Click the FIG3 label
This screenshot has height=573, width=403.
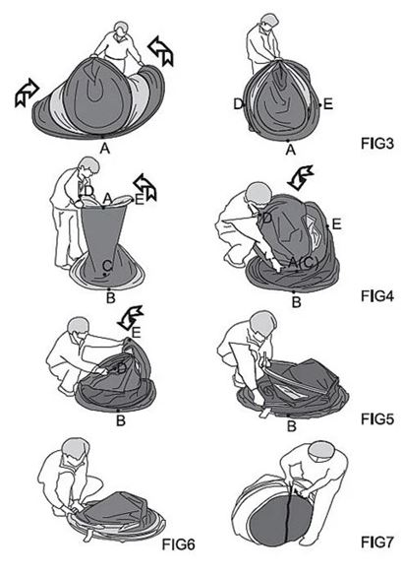coord(377,144)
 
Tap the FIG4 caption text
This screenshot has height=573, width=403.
coord(377,296)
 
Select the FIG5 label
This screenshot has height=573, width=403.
coord(377,418)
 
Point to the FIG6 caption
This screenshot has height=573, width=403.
coord(178,544)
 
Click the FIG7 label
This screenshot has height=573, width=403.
coord(377,541)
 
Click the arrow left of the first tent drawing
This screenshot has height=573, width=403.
coord(27,93)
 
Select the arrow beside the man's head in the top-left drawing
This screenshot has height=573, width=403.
coord(160,51)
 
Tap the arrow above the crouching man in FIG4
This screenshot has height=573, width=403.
coord(300,178)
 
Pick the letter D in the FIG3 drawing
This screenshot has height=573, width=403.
coord(238,104)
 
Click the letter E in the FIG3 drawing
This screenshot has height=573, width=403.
coord(328,104)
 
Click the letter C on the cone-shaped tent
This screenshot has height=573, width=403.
coord(106,265)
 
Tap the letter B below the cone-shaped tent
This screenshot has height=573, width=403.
coord(110,298)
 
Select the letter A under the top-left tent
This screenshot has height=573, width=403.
coord(105,149)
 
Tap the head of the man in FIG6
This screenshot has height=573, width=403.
coord(76,450)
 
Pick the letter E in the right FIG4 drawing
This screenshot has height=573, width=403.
coord(336,224)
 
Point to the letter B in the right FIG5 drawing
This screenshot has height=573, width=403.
coord(291,426)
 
